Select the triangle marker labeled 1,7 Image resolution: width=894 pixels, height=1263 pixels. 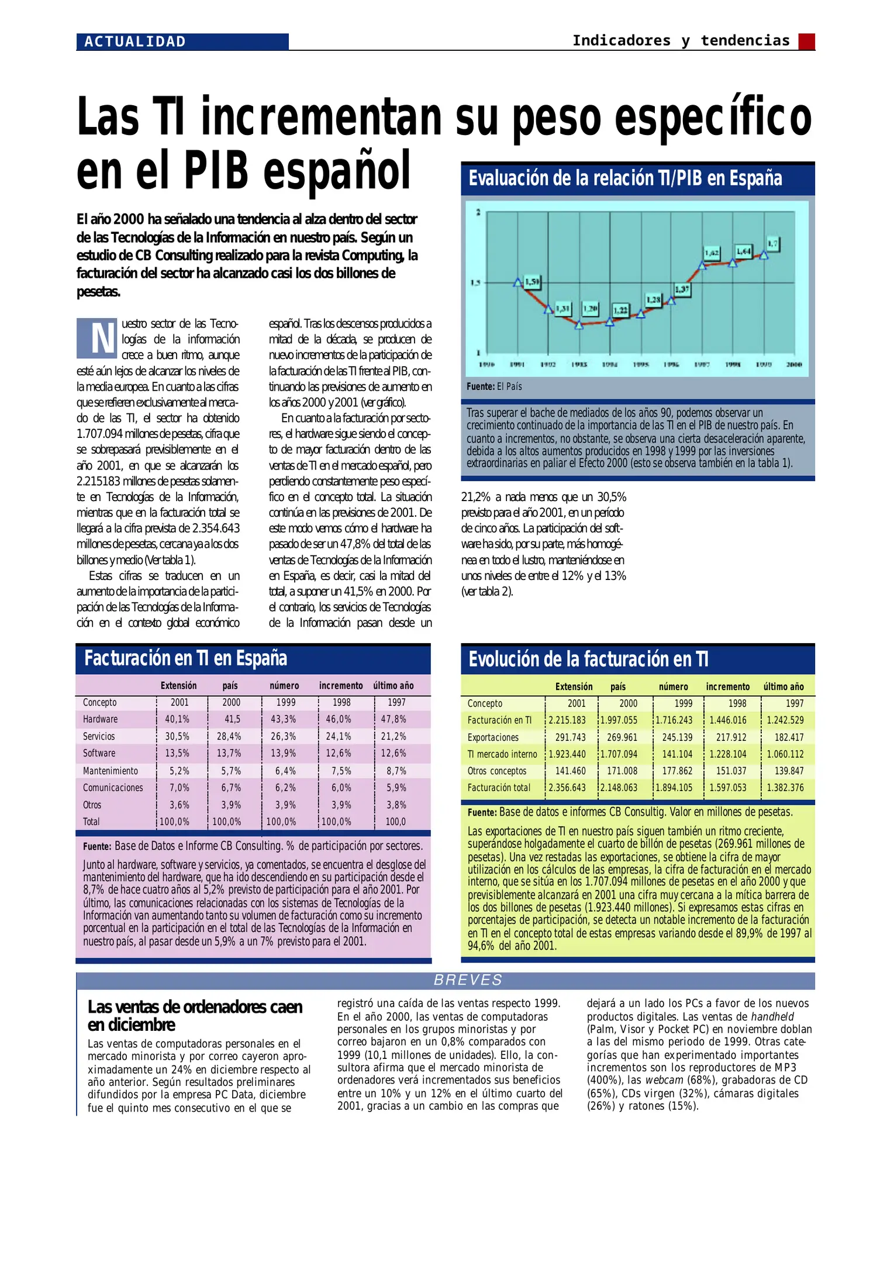pos(764,254)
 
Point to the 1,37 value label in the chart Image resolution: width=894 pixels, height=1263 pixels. pos(682,289)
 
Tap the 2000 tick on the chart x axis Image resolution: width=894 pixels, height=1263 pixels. pos(794,365)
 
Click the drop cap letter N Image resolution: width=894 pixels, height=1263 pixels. pos(97,338)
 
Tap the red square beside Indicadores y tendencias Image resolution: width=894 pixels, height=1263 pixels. pos(806,42)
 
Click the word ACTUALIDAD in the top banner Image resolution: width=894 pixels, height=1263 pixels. pos(135,42)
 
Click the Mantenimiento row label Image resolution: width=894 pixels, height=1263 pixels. pos(111,771)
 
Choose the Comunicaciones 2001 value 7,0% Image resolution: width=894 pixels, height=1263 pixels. pos(180,788)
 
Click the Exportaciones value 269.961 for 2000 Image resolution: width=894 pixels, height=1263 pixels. pos(622,738)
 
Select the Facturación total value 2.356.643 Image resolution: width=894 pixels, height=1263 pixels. pos(567,788)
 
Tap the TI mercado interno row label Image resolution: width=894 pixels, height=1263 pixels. pos(502,755)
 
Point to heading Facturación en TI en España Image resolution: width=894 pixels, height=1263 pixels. pos(185,658)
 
